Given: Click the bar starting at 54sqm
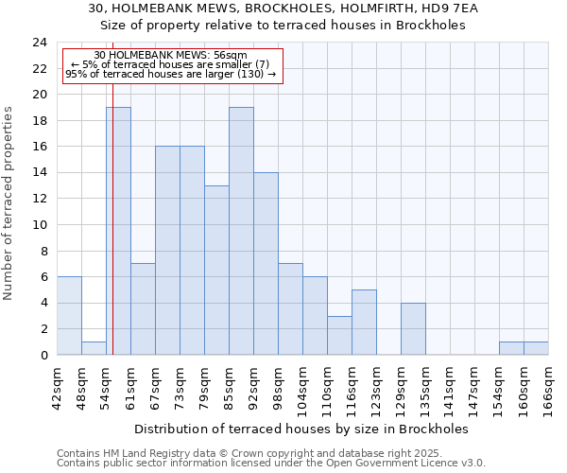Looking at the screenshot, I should click(x=118, y=231).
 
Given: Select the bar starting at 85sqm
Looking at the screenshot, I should click(x=241, y=231).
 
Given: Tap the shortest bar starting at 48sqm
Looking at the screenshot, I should click(x=94, y=348).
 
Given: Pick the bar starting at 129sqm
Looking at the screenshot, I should click(x=413, y=328).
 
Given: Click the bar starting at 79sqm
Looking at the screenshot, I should click(x=216, y=270).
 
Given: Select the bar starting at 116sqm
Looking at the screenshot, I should click(x=364, y=322).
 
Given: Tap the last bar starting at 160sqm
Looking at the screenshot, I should click(x=536, y=348).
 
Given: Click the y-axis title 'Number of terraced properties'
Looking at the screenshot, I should click(x=9, y=202).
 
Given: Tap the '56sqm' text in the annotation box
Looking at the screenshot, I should click(x=232, y=56).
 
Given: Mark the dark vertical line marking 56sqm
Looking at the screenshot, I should click(x=112, y=236).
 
